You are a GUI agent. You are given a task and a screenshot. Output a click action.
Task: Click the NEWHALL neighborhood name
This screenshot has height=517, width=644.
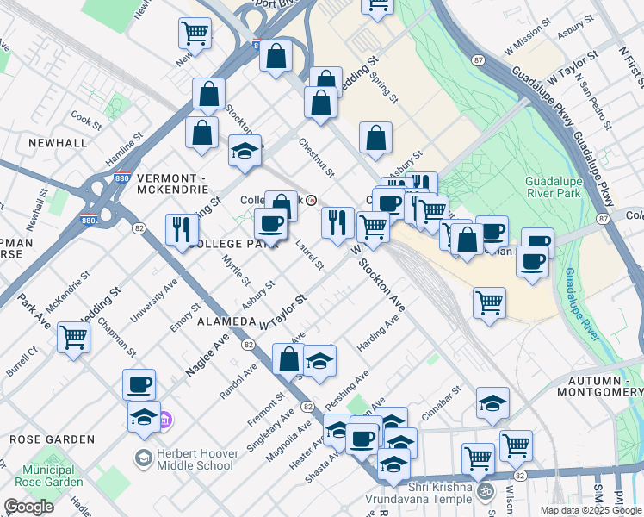tap(57, 142)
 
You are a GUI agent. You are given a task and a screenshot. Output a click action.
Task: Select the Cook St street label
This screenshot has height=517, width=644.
tap(87, 119)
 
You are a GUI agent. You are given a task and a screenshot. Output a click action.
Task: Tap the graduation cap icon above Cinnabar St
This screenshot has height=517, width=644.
tap(492, 402)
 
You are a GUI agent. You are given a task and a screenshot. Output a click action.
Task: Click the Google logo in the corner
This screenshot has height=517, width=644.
tap(28, 507)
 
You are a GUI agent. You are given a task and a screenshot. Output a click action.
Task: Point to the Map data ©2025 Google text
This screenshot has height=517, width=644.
tap(591, 510)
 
